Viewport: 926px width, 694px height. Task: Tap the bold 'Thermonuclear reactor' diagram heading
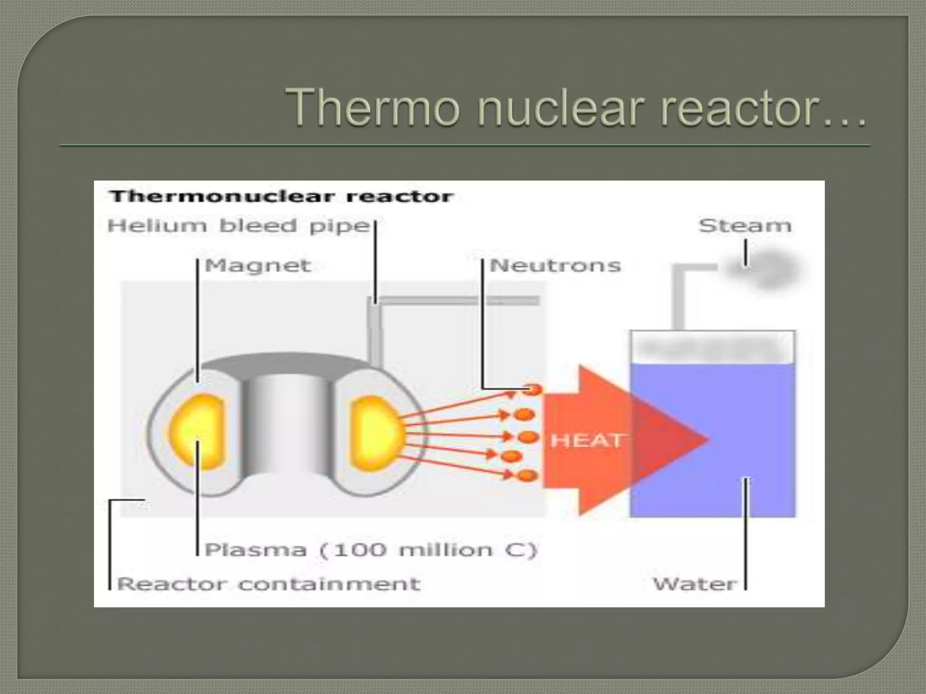pos(281,197)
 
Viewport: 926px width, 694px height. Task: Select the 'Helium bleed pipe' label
pos(239,225)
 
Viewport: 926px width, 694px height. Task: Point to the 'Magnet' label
pos(258,265)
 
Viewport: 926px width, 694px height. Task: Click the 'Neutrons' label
pos(555,265)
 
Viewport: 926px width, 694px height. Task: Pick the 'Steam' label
pos(745,225)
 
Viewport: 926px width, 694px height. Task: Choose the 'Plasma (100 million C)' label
pos(370,550)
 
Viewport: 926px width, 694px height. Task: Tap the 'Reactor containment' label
pos(269,584)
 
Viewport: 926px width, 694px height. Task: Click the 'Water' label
pos(694,584)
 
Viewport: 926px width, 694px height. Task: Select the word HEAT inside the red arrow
pos(586,440)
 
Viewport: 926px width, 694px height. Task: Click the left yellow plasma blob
pos(198,431)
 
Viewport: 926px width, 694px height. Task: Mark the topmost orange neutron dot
pos(534,389)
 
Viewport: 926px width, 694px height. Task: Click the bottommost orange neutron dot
pos(527,475)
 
